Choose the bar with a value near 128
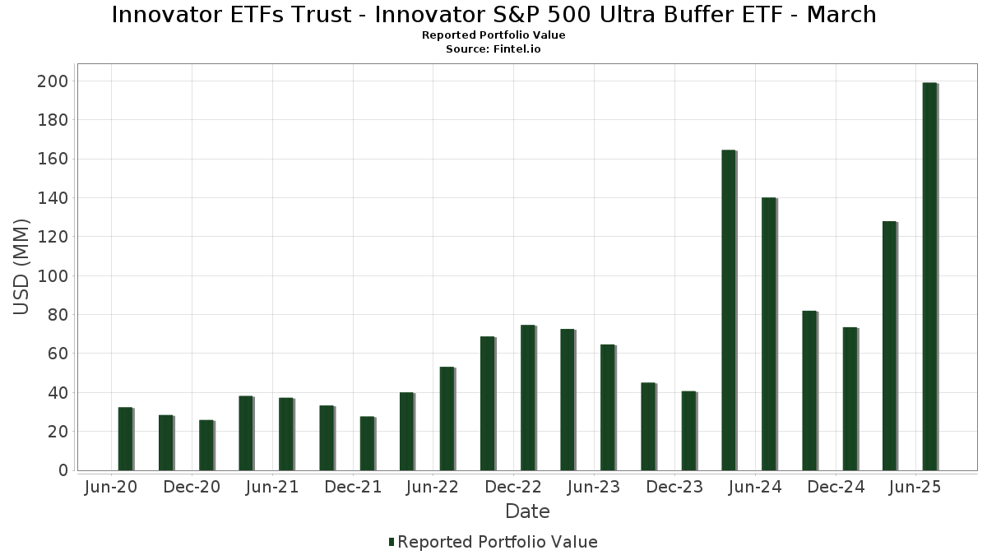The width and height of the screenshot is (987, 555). click(889, 345)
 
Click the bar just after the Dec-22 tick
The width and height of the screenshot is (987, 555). click(527, 398)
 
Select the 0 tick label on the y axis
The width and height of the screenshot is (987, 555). click(62, 470)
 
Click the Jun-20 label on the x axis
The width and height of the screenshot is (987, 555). click(111, 487)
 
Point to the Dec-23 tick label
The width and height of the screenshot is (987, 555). click(674, 487)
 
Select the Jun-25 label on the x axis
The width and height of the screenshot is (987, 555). click(915, 487)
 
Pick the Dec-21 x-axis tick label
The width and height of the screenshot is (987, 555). click(353, 487)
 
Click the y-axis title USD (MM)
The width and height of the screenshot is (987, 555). click(21, 267)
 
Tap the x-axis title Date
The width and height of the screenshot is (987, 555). click(527, 511)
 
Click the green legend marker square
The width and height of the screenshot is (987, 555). click(392, 542)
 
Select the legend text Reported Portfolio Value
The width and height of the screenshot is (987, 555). click(498, 542)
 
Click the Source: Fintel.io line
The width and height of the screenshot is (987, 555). click(493, 49)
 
